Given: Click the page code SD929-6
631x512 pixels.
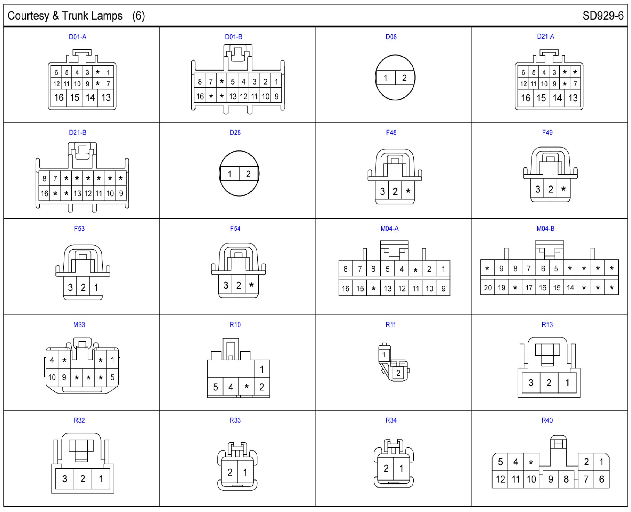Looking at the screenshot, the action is tap(603, 16).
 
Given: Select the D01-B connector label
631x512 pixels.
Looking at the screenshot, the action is tap(234, 37).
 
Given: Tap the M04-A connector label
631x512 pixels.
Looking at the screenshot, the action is tap(389, 229).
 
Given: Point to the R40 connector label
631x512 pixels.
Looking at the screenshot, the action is tap(547, 420).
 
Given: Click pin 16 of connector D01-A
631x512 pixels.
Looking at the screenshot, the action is tap(59, 98).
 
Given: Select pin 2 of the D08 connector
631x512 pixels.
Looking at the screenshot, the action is tap(404, 78).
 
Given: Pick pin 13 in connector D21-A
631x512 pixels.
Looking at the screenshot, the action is tap(573, 98).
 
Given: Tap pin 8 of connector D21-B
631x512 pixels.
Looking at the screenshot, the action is tap(44, 178).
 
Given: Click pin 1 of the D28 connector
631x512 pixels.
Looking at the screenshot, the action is tap(229, 174).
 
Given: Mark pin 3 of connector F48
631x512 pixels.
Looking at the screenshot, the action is tap(382, 191).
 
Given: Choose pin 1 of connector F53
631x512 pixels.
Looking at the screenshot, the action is tap(96, 287).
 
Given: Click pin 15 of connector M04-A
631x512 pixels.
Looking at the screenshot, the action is tap(360, 289).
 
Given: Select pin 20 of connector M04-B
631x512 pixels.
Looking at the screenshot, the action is tap(488, 287).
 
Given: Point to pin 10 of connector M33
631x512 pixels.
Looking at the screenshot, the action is tap(52, 377).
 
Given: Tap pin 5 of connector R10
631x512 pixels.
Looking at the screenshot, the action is tap(215, 387).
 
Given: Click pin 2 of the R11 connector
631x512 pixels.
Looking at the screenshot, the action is tap(398, 373).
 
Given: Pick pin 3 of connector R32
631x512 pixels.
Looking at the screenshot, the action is tap(65, 478).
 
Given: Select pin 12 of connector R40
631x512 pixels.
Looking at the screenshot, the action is tap(500, 479).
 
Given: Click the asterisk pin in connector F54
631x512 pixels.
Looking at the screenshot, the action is tap(251, 285).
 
